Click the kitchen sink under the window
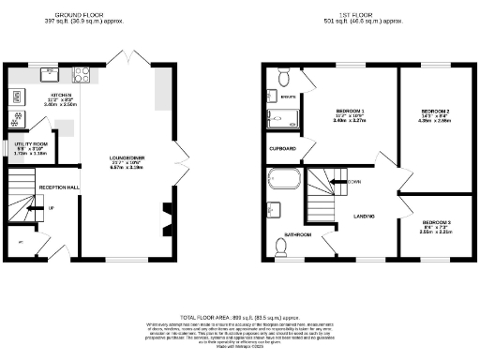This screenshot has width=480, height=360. click(49, 73)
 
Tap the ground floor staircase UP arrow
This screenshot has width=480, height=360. click(50, 207)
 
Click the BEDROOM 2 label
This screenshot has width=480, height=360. click(436, 112)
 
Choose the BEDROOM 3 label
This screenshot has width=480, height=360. click(435, 221)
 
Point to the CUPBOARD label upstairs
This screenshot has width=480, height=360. click(283, 149)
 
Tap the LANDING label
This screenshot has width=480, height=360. click(365, 217)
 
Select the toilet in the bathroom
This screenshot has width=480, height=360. click(281, 247)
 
